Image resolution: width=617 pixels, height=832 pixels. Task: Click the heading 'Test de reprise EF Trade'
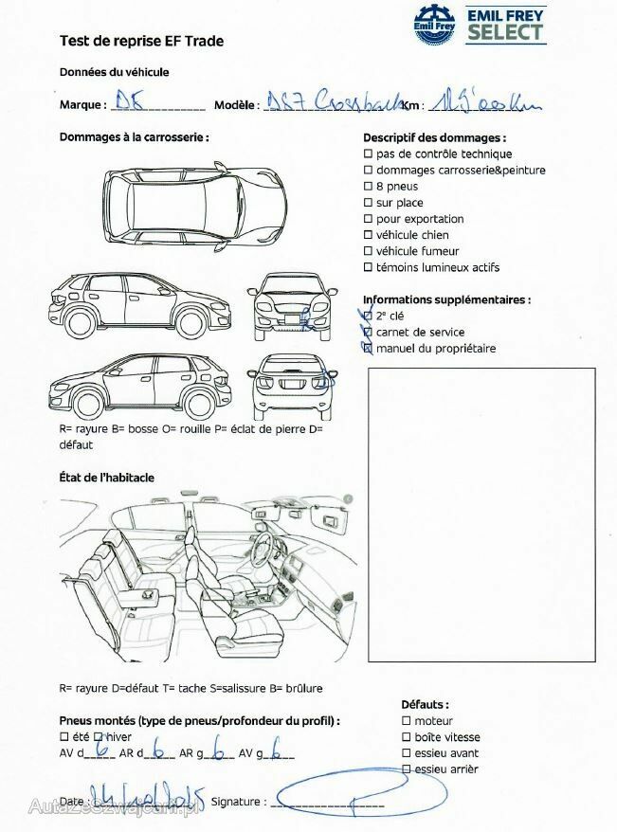(141, 41)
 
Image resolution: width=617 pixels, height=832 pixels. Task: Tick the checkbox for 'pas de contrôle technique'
(368, 154)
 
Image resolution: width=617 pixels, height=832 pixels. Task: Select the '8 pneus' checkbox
(368, 187)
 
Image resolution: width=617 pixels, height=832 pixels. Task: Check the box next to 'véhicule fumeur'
(368, 251)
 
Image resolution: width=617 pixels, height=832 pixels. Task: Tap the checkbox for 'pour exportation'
(368, 219)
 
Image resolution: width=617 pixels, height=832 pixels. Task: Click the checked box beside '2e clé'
(368, 316)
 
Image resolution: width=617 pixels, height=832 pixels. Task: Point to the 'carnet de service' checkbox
(368, 333)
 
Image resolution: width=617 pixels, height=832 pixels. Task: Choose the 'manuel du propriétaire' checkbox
(368, 349)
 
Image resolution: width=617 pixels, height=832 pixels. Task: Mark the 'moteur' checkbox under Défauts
(406, 721)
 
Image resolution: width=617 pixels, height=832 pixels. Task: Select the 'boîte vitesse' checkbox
(406, 737)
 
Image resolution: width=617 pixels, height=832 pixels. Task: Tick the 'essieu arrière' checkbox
(406, 769)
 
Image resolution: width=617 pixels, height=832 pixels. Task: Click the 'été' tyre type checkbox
(64, 736)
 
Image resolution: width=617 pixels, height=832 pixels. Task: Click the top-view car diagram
(194, 203)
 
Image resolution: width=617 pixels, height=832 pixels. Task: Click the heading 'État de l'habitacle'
(106, 478)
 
